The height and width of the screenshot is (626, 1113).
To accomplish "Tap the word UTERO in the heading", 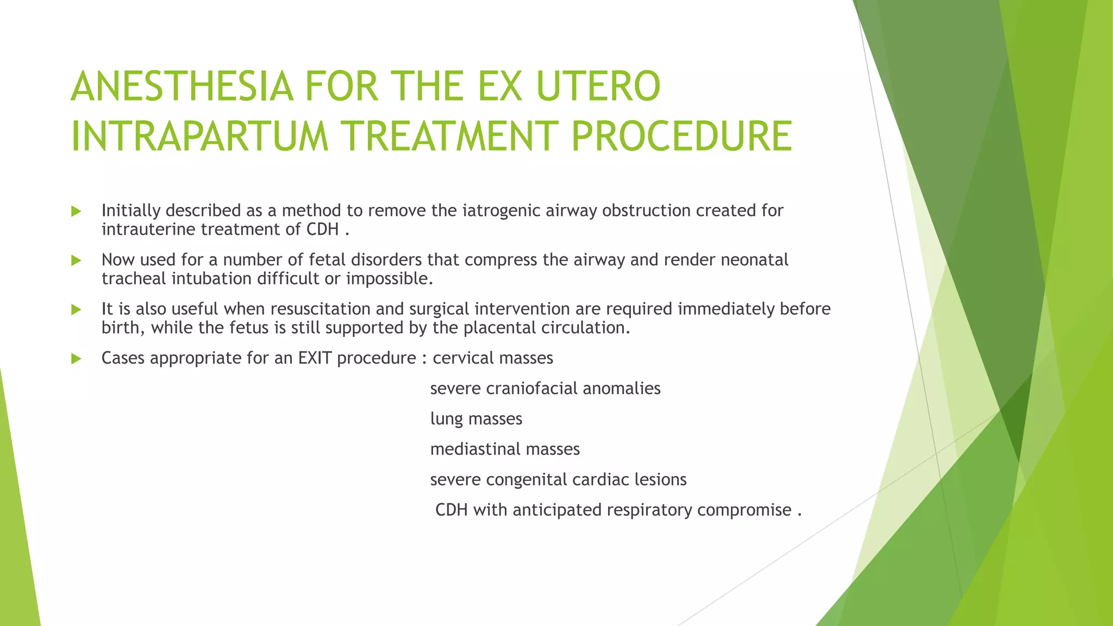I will click(x=598, y=87).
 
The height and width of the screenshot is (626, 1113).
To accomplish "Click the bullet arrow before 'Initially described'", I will click(x=76, y=211).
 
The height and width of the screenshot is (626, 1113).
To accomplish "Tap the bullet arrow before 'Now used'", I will click(x=76, y=261).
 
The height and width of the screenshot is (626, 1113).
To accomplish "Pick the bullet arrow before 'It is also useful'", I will click(x=76, y=310).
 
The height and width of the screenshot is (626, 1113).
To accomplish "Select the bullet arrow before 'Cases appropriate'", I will click(x=76, y=359).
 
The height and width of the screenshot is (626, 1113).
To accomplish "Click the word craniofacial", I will click(x=532, y=389).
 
